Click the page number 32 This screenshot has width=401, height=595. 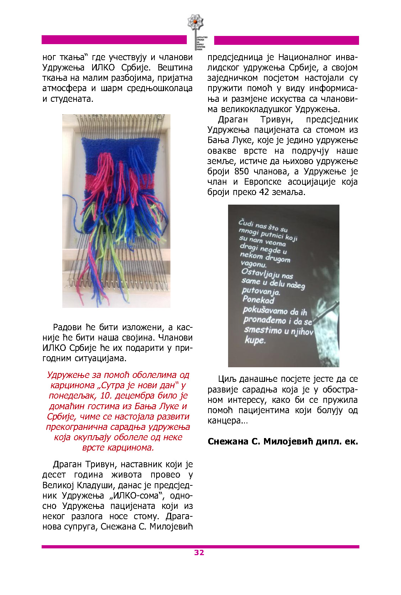click(199, 552)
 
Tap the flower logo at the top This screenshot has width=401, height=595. click(195, 22)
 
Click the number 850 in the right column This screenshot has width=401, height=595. click(242, 172)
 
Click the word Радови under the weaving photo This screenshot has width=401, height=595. click(68, 327)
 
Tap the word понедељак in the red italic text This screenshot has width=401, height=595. click(68, 396)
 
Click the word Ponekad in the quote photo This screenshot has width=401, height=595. click(258, 300)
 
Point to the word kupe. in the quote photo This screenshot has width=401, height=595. click(255, 340)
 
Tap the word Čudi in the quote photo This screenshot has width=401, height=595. click(246, 223)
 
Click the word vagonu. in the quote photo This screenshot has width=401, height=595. click(253, 264)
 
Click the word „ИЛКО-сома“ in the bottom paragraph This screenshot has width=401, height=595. click(136, 496)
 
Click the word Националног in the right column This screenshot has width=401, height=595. click(306, 57)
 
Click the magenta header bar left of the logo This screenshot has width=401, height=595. click(114, 40)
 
